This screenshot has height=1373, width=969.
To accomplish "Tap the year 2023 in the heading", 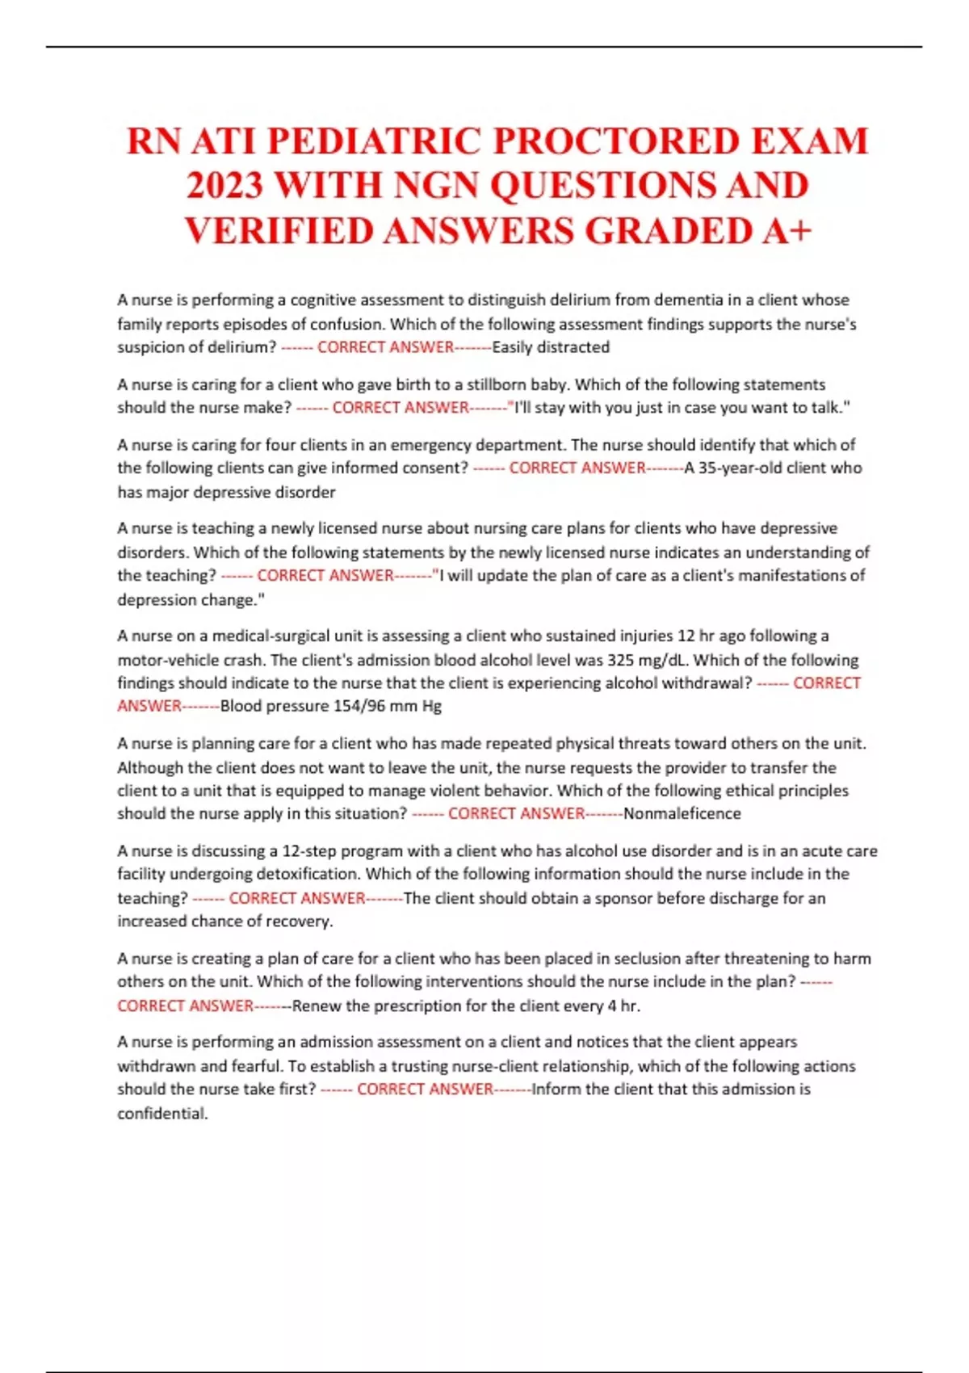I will pyautogui.click(x=225, y=186).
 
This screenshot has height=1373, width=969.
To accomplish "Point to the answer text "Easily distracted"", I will pyautogui.click(x=551, y=347).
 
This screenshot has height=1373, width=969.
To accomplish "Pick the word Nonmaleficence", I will pyautogui.click(x=682, y=813).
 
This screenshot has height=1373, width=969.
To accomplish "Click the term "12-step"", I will pyautogui.click(x=308, y=850).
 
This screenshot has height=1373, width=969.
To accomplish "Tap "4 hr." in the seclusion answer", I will pyautogui.click(x=623, y=1006).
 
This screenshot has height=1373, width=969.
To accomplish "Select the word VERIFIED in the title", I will pyautogui.click(x=279, y=231).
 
